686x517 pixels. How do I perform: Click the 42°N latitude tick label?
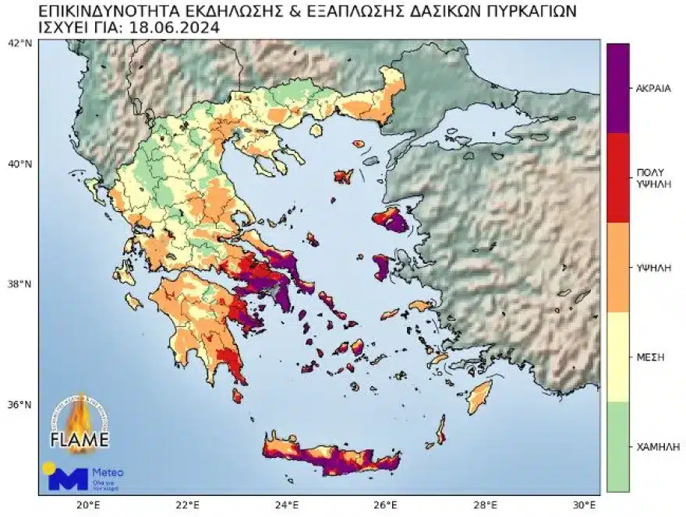[19, 43]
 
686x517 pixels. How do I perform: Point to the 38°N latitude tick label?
[19, 284]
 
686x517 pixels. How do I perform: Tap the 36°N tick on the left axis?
[19, 405]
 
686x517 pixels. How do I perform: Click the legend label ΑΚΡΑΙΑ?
[653, 88]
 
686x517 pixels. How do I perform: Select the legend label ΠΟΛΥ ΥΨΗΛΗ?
[653, 178]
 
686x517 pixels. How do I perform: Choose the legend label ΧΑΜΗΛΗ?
[653, 447]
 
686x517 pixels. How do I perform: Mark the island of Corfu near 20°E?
[96, 188]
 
